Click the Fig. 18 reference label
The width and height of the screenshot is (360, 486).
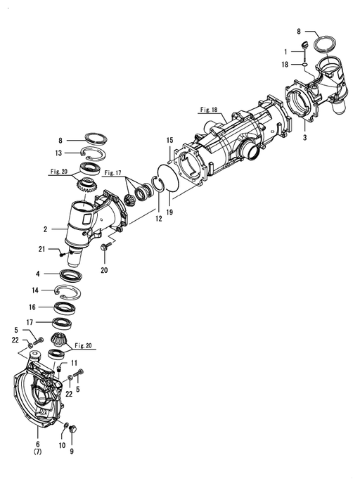pos(209,110)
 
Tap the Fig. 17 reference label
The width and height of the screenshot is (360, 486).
pos(112,173)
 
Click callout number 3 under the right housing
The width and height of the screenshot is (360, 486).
pos(305,138)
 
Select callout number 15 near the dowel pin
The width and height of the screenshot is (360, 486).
pos(169,141)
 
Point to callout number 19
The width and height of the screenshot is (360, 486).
pos(169,212)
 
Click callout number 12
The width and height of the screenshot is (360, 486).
pos(159,219)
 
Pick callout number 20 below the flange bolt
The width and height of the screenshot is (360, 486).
pos(104,270)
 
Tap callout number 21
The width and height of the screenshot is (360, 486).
pos(41,249)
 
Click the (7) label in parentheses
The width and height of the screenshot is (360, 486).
pos(37,452)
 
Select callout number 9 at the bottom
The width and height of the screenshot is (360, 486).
pos(72,452)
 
